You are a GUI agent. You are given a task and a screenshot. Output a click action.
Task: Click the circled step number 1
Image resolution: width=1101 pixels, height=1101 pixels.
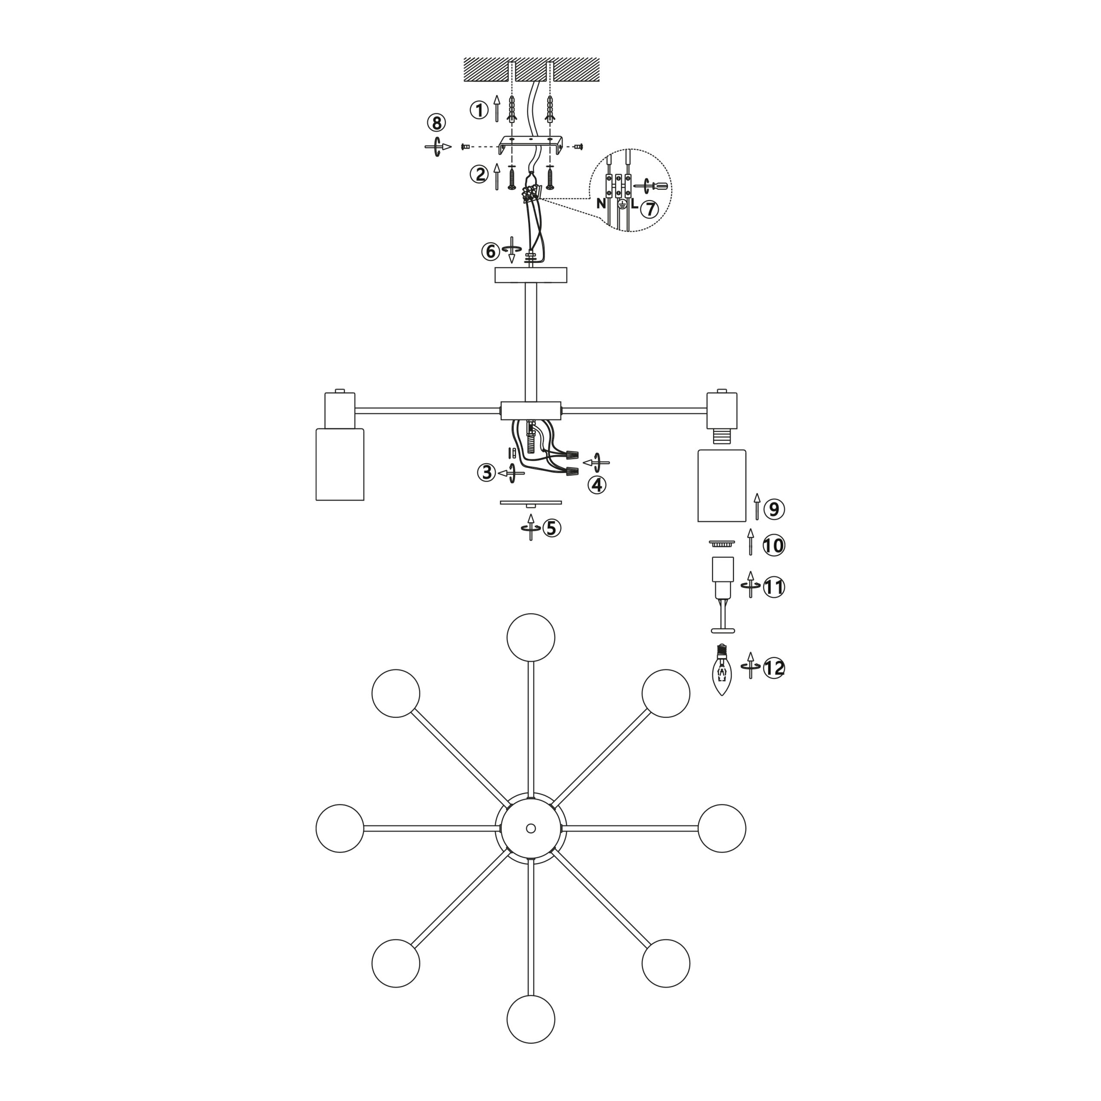click(479, 110)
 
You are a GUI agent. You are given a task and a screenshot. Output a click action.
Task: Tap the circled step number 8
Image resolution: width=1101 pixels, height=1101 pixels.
click(437, 123)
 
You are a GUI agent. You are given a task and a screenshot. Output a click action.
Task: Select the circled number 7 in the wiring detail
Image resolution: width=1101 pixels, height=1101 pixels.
click(649, 209)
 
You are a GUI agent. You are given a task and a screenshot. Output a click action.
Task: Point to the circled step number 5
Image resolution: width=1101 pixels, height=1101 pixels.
click(551, 528)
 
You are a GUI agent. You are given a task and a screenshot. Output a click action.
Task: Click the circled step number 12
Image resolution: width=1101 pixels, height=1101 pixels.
click(774, 667)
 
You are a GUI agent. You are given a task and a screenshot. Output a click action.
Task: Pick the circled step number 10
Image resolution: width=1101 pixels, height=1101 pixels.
click(774, 546)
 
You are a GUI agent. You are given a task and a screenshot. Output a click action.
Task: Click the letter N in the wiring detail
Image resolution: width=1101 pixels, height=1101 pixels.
click(601, 203)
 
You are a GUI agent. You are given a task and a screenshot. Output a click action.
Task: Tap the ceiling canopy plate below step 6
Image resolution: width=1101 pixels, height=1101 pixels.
click(531, 275)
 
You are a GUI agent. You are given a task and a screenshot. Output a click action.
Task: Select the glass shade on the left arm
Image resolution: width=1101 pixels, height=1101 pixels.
click(340, 464)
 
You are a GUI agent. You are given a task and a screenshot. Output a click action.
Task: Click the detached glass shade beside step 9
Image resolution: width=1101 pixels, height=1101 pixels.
click(722, 486)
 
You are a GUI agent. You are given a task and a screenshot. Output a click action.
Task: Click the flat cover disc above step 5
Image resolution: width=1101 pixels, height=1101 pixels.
click(531, 503)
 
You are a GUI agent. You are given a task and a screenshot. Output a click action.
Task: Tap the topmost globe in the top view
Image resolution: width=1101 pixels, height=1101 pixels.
click(531, 637)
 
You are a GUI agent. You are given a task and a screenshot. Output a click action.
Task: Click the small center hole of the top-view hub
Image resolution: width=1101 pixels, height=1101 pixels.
click(531, 828)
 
